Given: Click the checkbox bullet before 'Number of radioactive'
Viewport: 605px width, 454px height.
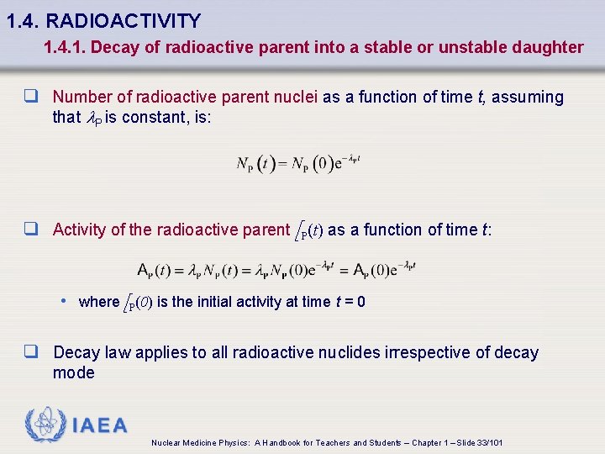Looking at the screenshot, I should tap(30, 97).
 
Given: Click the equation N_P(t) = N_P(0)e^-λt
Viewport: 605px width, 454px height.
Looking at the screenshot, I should tap(298, 163).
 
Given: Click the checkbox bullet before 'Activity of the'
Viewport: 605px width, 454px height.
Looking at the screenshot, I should tap(30, 230).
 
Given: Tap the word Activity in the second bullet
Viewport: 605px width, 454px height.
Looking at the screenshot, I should tap(80, 230).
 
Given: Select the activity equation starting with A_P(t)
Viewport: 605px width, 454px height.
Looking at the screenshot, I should tap(276, 270).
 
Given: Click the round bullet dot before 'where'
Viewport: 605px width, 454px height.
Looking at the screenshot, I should tap(64, 301).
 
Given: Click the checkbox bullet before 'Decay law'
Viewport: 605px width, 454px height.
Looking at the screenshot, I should tap(30, 352).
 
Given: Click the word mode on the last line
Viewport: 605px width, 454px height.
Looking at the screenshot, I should tap(74, 372).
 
